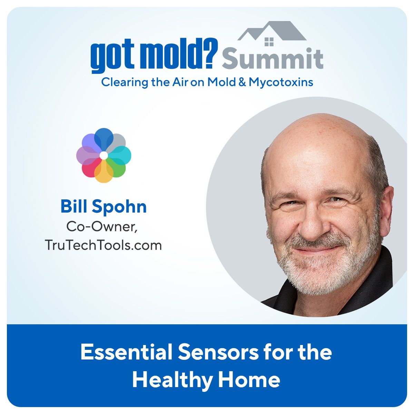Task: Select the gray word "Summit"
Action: click(x=273, y=58)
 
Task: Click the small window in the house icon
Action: click(x=269, y=42)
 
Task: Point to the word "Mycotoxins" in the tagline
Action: click(x=281, y=82)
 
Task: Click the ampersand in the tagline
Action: click(x=242, y=82)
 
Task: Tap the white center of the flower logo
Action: click(x=104, y=155)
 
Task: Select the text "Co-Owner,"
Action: click(x=102, y=227)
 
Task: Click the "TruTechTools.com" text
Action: click(x=103, y=245)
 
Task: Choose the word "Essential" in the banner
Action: click(x=127, y=353)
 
